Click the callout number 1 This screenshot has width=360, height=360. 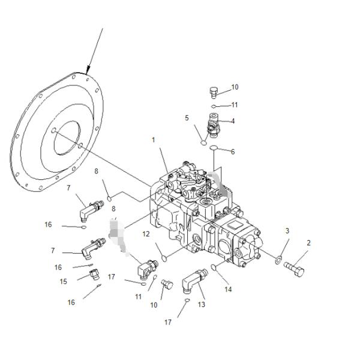coord(153,140)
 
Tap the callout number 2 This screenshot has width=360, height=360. coord(308,243)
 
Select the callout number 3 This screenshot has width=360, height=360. coord(287,230)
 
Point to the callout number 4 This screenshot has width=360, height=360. coord(232,121)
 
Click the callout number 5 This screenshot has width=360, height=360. coord(187,118)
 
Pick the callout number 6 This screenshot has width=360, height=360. coord(233,152)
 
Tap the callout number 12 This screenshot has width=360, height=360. coord(146,233)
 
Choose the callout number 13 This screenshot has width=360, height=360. coord(201,305)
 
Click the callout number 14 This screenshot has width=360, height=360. coord(227,289)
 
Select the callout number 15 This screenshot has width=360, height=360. coord(64,281)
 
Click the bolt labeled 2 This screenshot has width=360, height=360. coord(296,266)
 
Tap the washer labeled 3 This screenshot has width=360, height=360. coord(277,260)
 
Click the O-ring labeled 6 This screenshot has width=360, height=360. coord(218,148)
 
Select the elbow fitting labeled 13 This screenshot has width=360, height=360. coord(193,279)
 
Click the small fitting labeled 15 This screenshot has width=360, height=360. coord(94,275)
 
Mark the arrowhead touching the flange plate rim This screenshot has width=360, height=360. coord(88,71)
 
